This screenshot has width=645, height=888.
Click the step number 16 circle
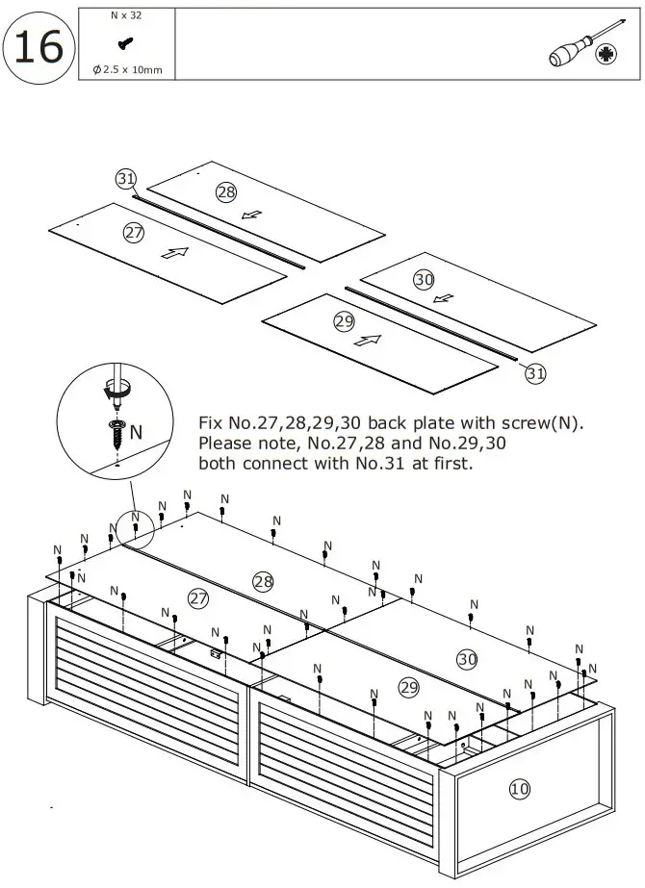click(x=39, y=45)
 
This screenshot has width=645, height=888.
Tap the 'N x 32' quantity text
click(x=125, y=16)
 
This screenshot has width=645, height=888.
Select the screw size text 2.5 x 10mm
click(x=127, y=69)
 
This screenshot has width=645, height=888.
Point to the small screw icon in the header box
click(x=125, y=42)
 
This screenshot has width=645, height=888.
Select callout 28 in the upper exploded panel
click(x=225, y=192)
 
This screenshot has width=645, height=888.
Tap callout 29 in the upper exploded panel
click(x=345, y=321)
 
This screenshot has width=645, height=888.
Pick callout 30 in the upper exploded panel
click(x=424, y=280)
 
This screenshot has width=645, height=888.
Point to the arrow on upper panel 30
click(x=444, y=297)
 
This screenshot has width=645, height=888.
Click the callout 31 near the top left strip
click(x=125, y=179)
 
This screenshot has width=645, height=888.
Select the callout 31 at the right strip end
click(x=536, y=374)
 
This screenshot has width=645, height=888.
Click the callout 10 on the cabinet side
click(x=520, y=789)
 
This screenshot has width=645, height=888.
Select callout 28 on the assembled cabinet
click(x=263, y=580)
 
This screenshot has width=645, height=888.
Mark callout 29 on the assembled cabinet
click(x=409, y=687)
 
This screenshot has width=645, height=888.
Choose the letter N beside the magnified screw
click(x=136, y=433)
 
